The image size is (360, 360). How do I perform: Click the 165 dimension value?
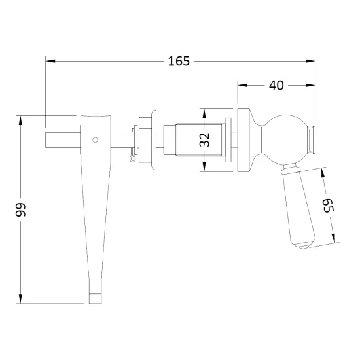(x=179, y=61)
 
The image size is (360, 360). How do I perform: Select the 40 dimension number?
(x=276, y=85)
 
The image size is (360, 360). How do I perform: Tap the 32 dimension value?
(x=204, y=139)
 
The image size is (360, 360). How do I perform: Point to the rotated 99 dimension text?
(x=20, y=209)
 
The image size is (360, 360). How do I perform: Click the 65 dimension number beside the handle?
(x=328, y=206)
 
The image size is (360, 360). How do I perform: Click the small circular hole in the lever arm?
(x=95, y=139)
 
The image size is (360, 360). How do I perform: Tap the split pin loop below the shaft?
(x=132, y=158)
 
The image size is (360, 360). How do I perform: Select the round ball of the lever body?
(x=284, y=139)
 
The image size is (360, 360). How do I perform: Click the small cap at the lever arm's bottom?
(x=95, y=298)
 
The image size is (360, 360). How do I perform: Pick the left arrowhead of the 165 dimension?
(x=50, y=61)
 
